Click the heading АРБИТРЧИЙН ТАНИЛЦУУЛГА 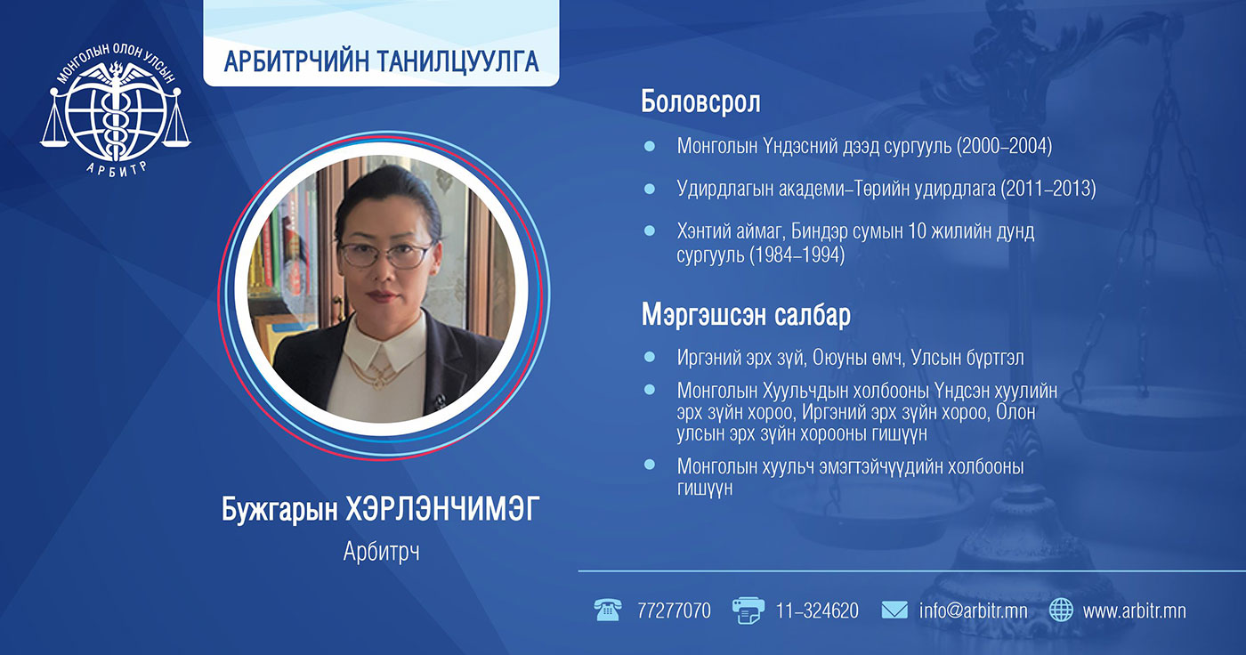click(381, 61)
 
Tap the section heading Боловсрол click(700, 101)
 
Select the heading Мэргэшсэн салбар click(746, 315)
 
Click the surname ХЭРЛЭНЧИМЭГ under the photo click(442, 509)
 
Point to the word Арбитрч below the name click(381, 552)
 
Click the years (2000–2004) click(1005, 146)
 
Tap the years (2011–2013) click(1048, 189)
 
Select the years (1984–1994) click(797, 255)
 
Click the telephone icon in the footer click(607, 610)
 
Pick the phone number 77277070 click(674, 611)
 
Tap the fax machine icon click(748, 611)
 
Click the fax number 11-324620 click(817, 611)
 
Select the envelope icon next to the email click(894, 610)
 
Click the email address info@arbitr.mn click(973, 611)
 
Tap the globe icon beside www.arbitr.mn click(1061, 610)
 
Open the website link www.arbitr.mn click(1134, 611)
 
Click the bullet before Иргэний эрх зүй click(649, 357)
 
